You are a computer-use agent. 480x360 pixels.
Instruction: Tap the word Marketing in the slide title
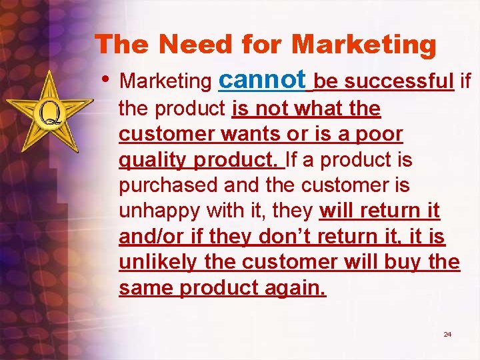[364, 45]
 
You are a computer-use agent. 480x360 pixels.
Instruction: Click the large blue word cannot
[263, 79]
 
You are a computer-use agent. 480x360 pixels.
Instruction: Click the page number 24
[447, 334]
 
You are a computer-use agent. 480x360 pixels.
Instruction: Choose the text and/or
[145, 237]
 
